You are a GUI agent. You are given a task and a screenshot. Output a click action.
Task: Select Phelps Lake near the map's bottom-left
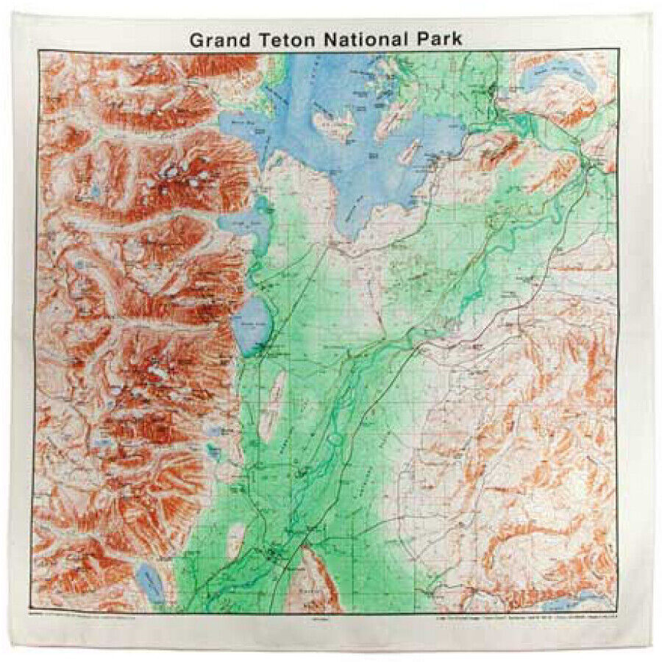click(x=152, y=582)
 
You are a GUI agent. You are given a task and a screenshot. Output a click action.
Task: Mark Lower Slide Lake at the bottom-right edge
click(x=581, y=601)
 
